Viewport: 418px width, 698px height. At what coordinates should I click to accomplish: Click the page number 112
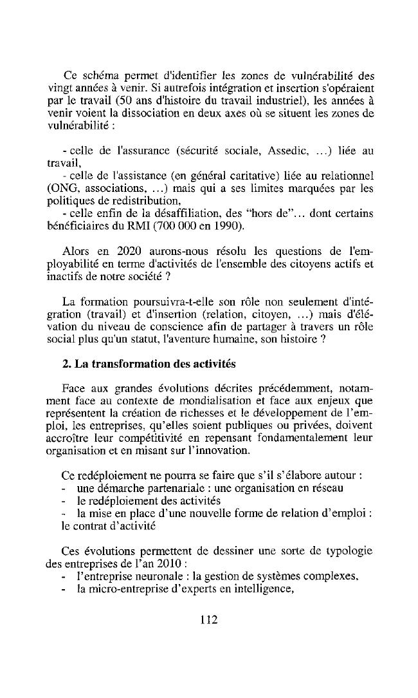(209, 619)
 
